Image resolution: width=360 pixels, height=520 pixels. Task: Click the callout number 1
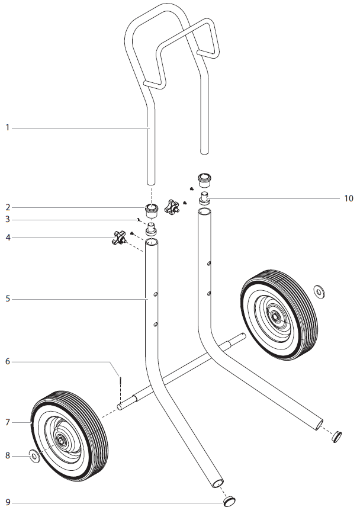8,127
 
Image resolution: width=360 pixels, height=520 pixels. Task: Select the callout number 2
8,207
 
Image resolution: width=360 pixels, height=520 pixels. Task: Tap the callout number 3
8,220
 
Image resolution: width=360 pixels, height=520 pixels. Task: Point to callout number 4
8,237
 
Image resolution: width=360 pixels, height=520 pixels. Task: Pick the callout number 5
8,299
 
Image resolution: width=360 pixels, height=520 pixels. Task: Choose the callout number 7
8,422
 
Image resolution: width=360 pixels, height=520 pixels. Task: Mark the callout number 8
8,456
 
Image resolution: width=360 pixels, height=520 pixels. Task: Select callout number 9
8,503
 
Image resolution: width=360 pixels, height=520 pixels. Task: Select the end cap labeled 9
230,502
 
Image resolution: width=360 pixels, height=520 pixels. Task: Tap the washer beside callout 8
34,456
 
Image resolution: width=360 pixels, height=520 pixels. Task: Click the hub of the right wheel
275,316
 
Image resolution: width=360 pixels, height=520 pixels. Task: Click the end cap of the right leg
336,436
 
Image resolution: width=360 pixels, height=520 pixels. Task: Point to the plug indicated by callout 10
204,196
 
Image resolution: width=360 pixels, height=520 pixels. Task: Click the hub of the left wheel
61,439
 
